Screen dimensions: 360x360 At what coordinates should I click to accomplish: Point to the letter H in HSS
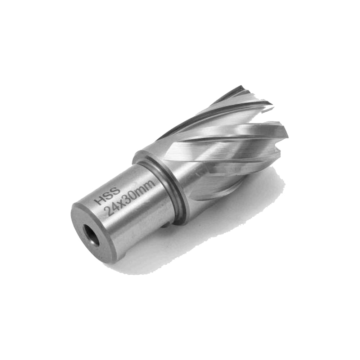100,201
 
